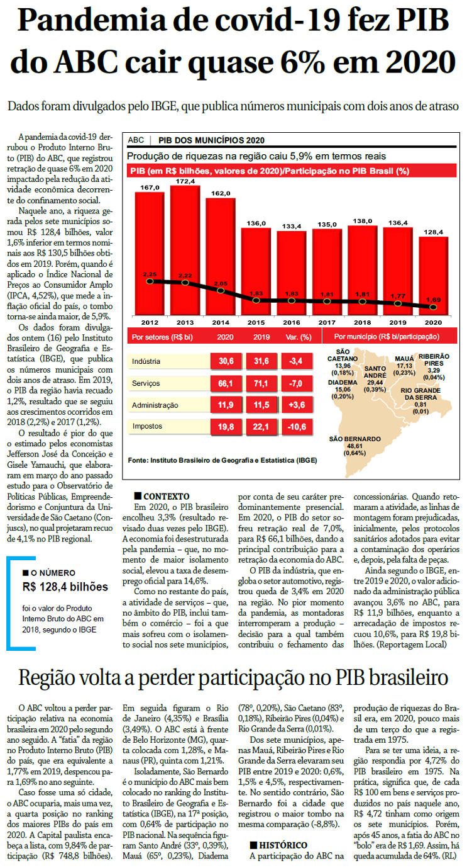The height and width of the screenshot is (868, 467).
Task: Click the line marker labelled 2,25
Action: (x=150, y=281)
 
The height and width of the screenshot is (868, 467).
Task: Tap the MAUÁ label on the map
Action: (x=404, y=359)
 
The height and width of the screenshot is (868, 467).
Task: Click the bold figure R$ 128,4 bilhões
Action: (x=65, y=587)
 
